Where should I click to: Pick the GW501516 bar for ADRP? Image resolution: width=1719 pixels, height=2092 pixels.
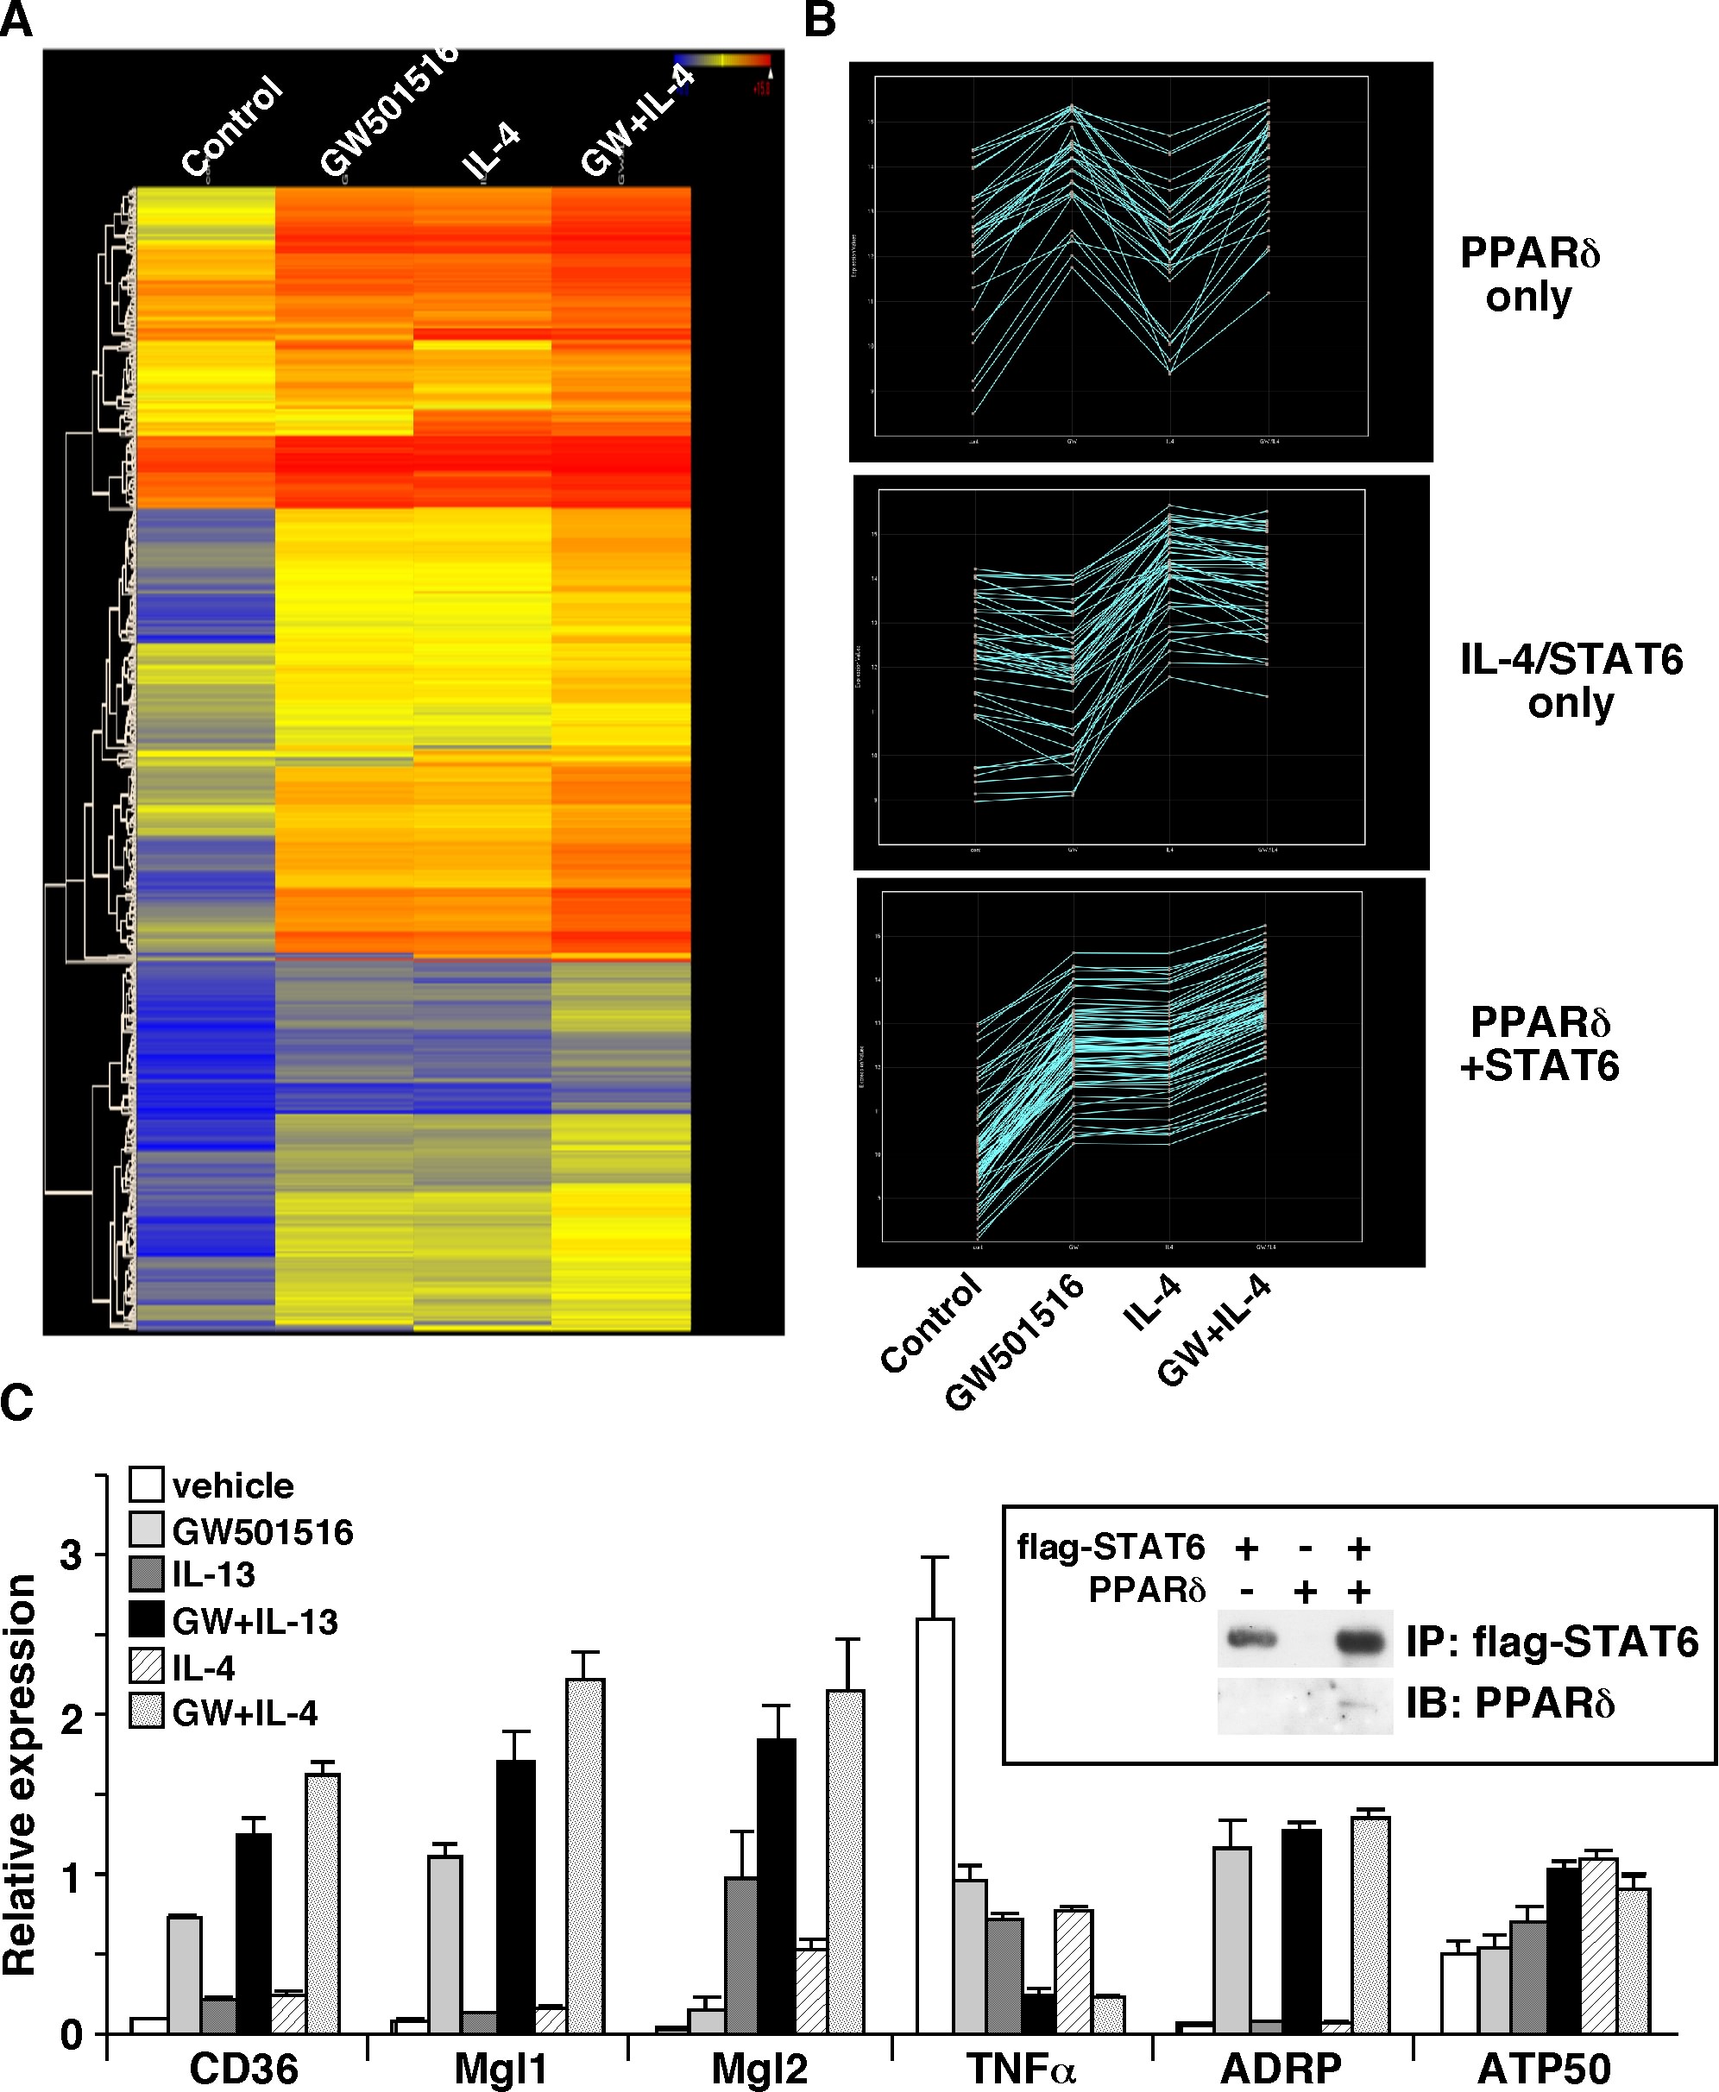(x=1231, y=1940)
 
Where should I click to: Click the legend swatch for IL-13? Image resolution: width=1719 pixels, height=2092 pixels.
(x=146, y=1574)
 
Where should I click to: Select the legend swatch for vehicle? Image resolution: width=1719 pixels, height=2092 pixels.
(x=146, y=1485)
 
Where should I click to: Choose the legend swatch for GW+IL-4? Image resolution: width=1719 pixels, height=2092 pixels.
(x=146, y=1712)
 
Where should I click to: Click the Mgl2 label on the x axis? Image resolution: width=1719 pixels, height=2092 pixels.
(x=759, y=2068)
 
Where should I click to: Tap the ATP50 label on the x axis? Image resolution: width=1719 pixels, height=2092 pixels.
(x=1544, y=2068)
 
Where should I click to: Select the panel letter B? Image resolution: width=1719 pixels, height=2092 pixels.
(x=820, y=20)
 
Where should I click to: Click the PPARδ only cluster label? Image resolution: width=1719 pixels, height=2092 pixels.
(x=1530, y=274)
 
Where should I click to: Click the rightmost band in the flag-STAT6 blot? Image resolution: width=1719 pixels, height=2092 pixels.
(x=1359, y=1642)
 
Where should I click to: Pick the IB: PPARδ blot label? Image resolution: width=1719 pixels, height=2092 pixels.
(x=1510, y=1703)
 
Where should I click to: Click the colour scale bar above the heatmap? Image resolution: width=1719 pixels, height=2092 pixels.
(x=722, y=60)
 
